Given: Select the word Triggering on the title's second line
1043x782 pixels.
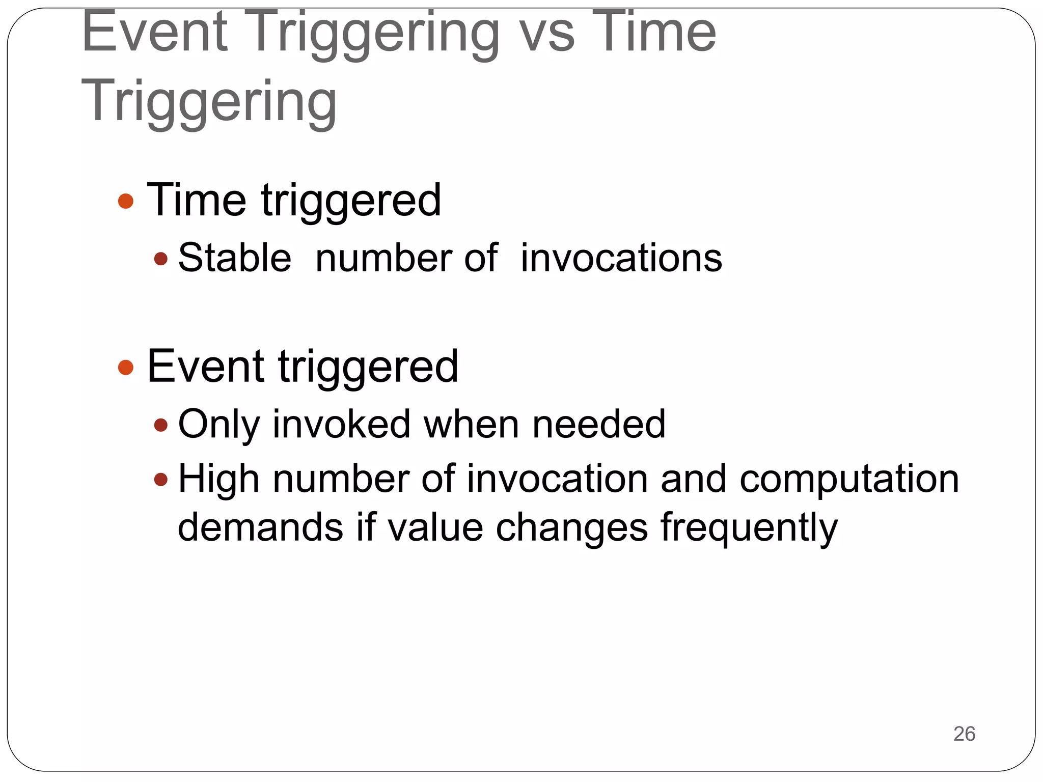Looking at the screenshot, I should click(209, 102).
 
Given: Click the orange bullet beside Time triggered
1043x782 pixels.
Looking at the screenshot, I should click(125, 201).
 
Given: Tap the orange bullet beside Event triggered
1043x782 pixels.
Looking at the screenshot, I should click(125, 367).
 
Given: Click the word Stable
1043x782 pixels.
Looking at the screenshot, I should click(234, 258).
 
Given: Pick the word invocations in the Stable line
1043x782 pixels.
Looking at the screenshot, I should click(621, 258).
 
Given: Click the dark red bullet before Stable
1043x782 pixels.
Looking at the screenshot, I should click(160, 259).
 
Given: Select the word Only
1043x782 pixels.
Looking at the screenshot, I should click(218, 424).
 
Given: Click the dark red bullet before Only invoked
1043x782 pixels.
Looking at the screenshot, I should click(160, 425).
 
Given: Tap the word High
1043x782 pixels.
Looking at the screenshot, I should click(218, 479).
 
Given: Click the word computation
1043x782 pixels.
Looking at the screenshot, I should click(849, 479).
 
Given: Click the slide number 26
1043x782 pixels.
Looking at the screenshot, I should click(964, 734).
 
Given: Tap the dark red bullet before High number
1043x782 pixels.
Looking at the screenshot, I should click(160, 479).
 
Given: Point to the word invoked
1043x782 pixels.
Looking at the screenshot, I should click(342, 424).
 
